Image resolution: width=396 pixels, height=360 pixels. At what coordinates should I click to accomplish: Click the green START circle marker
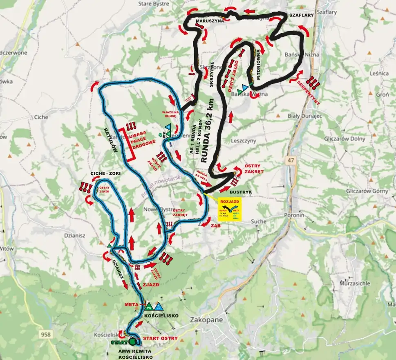[132, 342]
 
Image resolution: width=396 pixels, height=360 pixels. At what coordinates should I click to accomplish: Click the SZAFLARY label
[301, 15]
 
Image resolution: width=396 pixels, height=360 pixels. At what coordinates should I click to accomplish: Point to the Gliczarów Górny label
[360, 191]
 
